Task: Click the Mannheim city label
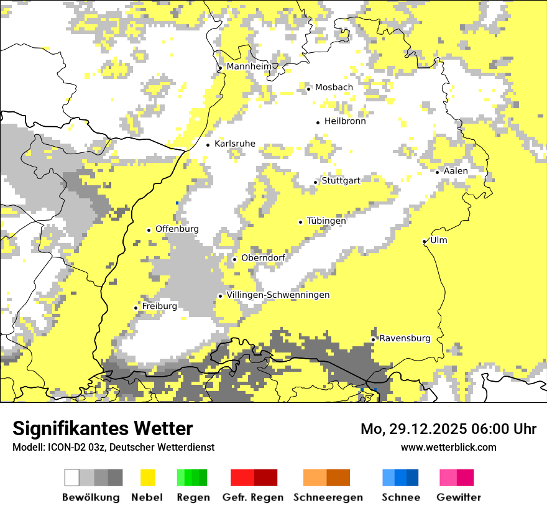(x=249, y=67)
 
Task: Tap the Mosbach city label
(x=334, y=88)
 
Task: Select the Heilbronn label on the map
(x=345, y=121)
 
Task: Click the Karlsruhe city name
(x=235, y=144)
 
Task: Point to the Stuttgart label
(x=341, y=181)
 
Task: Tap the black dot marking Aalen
(x=438, y=172)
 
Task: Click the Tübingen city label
(x=326, y=221)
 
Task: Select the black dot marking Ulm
(x=424, y=242)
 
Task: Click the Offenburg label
(x=177, y=229)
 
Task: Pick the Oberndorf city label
(x=263, y=258)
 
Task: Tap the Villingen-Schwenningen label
(x=278, y=295)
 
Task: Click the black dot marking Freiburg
(x=136, y=308)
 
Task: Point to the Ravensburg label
(x=405, y=338)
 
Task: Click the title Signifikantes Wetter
(x=103, y=428)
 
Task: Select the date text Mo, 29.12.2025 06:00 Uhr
(x=448, y=429)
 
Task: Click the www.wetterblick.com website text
(x=448, y=447)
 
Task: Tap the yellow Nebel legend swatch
(x=147, y=477)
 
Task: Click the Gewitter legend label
(x=458, y=497)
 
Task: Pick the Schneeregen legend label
(x=328, y=497)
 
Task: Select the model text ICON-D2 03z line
(x=113, y=447)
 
